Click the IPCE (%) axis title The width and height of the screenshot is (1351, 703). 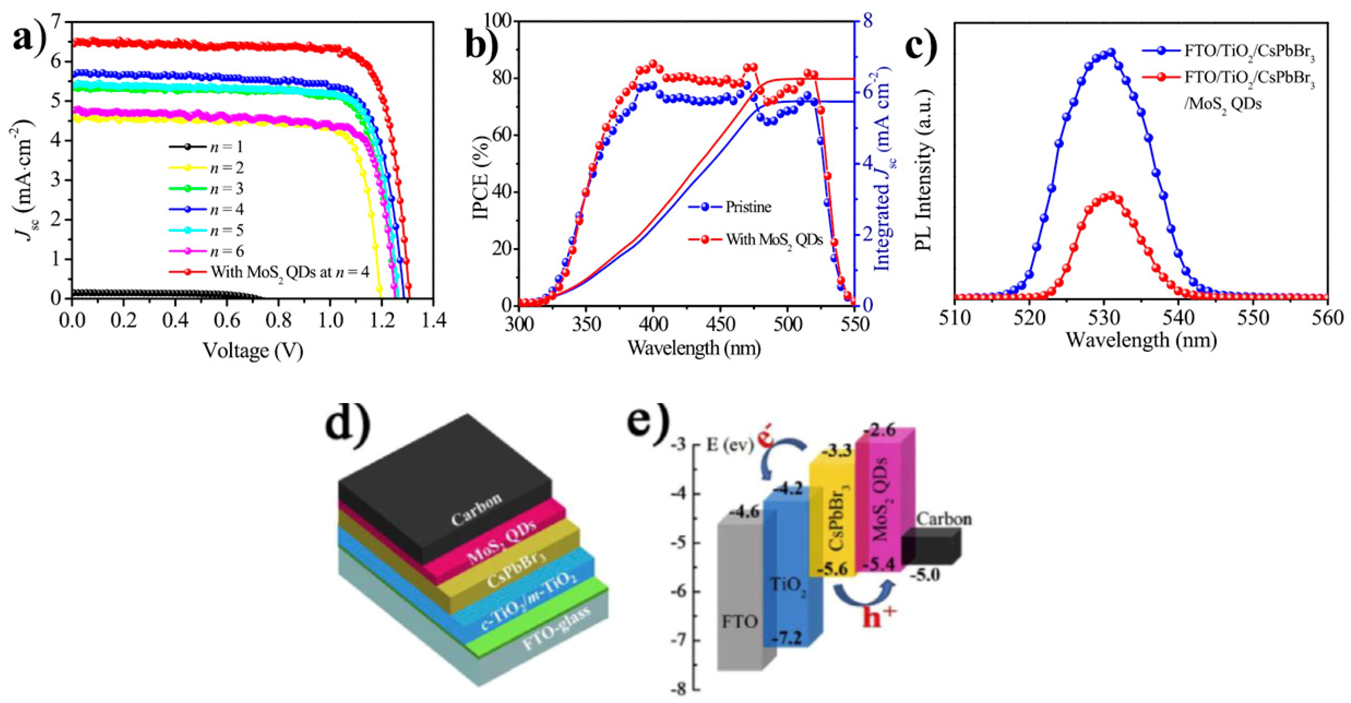pyautogui.click(x=481, y=163)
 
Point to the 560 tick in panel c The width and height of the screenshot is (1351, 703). pyautogui.click(x=1327, y=318)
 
